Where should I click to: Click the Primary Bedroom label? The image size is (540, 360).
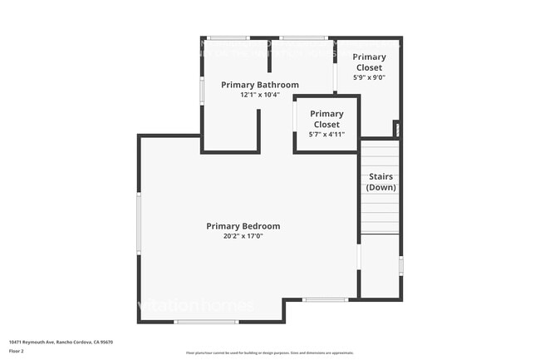(243, 226)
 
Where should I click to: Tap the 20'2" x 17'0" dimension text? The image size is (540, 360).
(243, 236)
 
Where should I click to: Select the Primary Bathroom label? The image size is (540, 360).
(260, 85)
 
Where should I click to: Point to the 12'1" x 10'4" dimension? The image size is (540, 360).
(260, 95)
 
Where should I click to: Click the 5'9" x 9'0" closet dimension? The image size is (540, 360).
(370, 77)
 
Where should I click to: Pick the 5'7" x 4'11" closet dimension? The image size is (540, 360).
(326, 134)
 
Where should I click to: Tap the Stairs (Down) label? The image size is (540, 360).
(381, 182)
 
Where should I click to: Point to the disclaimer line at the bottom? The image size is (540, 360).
(270, 353)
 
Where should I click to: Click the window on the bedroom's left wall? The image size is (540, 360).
(139, 223)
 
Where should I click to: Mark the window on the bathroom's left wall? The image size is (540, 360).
(202, 91)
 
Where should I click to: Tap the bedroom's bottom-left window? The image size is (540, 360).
(206, 322)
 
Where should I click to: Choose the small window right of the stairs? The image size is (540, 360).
(400, 266)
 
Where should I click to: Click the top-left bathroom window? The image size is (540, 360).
(228, 37)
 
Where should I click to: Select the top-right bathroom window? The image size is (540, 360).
(302, 37)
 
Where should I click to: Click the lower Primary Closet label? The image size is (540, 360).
(326, 119)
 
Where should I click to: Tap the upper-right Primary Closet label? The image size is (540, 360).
(370, 62)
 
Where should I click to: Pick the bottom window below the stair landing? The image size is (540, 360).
(325, 299)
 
